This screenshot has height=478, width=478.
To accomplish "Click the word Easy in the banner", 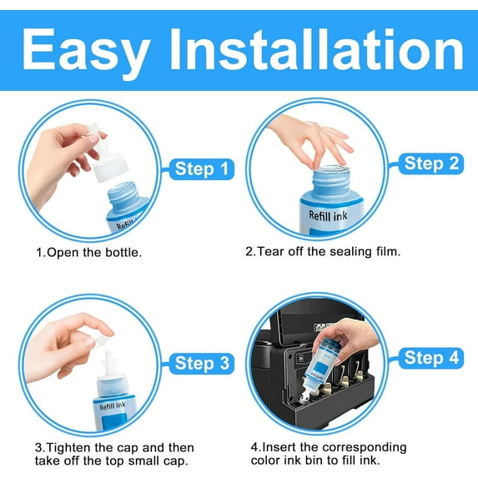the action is [x=85, y=51].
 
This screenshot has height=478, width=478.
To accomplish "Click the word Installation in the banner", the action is [x=316, y=48].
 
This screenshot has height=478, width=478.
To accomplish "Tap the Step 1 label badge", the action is [x=202, y=169].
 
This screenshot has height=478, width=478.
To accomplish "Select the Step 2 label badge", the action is [x=431, y=164].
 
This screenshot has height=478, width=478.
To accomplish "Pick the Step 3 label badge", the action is [x=202, y=364].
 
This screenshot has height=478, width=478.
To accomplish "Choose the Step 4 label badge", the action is [x=431, y=358].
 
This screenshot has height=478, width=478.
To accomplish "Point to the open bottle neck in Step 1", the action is [x=124, y=195].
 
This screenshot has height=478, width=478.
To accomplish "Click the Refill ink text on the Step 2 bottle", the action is [x=328, y=215].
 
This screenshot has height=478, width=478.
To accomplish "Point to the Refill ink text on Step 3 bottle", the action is [x=112, y=406].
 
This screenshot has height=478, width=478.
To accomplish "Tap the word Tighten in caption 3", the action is [x=69, y=447].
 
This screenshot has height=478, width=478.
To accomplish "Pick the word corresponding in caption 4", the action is [x=365, y=447].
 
